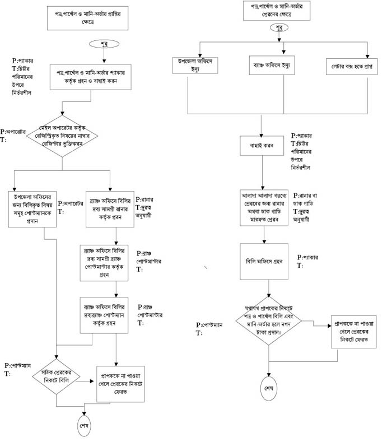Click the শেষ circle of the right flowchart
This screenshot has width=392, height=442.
pyautogui.click(x=270, y=389)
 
